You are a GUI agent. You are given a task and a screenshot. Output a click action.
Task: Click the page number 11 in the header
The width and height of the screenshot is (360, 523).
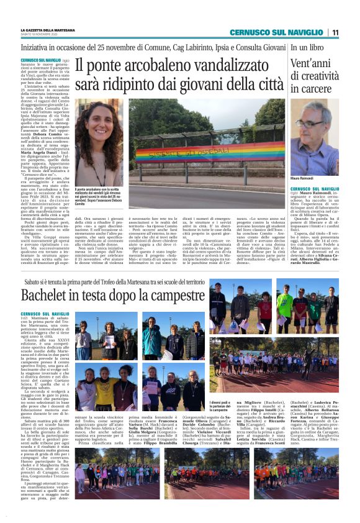pos(335,32)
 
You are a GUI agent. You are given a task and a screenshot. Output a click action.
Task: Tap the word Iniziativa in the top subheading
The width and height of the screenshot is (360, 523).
pos(37,47)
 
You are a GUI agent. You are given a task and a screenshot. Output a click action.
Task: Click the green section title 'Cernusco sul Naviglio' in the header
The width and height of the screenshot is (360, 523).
pos(277,32)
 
